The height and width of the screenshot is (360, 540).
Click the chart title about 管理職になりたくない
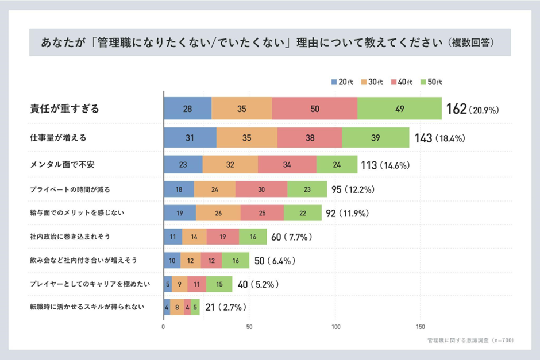(269, 43)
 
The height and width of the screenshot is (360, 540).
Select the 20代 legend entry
(341, 82)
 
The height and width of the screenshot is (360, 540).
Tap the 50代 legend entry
(431, 82)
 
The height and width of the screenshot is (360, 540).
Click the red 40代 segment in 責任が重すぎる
(314, 109)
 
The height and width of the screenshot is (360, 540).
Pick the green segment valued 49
(399, 109)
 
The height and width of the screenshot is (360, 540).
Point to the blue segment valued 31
(190, 138)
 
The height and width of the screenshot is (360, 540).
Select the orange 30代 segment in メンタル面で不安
(230, 164)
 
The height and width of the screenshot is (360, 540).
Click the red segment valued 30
(261, 189)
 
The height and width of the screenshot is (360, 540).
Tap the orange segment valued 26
(218, 213)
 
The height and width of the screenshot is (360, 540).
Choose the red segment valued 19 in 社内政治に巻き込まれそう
(222, 237)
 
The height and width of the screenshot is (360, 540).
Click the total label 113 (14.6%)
(384, 165)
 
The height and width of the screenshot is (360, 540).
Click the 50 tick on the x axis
(249, 327)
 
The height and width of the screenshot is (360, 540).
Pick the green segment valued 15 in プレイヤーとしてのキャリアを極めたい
(219, 284)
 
